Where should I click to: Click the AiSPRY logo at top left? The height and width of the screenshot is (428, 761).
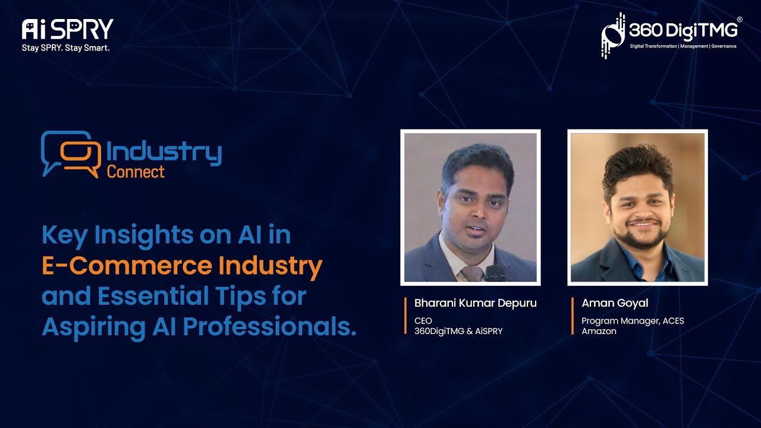[x=67, y=29]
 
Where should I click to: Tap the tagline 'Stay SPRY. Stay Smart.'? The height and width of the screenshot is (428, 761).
[x=65, y=48]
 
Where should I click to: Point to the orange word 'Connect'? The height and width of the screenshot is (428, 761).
[x=136, y=172]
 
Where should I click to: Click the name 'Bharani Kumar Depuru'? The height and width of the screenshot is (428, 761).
[x=475, y=303]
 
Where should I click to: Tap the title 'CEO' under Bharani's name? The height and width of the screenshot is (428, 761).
[x=423, y=321]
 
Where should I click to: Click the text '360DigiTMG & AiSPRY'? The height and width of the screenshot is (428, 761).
[x=458, y=331]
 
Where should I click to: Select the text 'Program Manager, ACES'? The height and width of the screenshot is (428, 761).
[x=633, y=321]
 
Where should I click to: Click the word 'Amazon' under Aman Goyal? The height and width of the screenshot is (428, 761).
[x=599, y=331]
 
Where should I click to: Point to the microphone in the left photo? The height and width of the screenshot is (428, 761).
[x=495, y=273]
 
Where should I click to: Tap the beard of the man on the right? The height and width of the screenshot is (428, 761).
[x=641, y=238]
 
